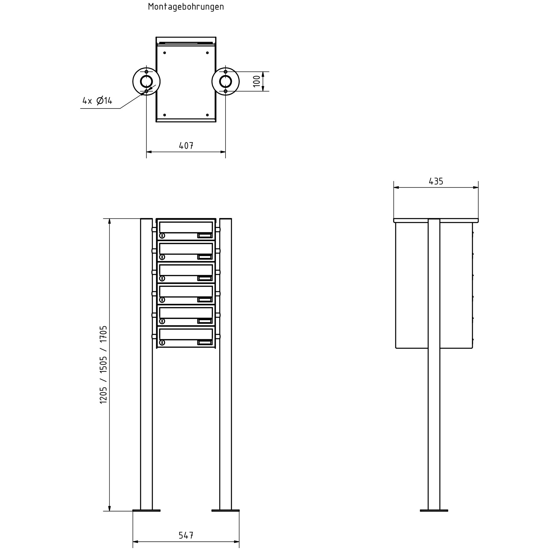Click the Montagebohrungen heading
pyautogui.click(x=186, y=7)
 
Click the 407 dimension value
pyautogui.click(x=186, y=146)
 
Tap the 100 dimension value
pyautogui.click(x=257, y=81)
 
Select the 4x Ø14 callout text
pyautogui.click(x=97, y=100)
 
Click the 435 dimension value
pyautogui.click(x=436, y=182)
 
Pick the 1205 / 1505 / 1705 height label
pyautogui.click(x=104, y=365)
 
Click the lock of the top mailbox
pyautogui.click(x=162, y=236)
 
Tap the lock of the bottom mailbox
pyautogui.click(x=162, y=343)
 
